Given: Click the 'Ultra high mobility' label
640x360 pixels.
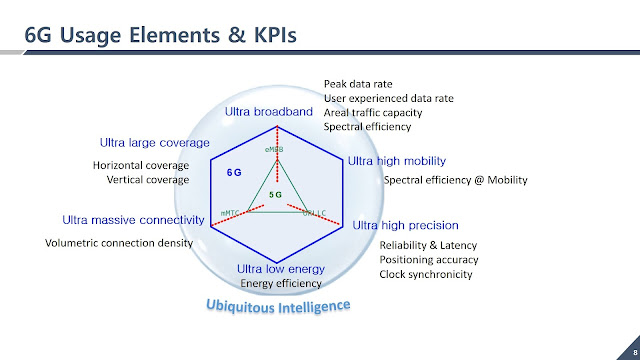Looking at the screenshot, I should click(396, 160).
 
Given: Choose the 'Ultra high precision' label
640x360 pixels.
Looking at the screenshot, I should click(406, 225).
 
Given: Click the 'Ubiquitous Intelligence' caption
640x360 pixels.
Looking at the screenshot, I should click(277, 303).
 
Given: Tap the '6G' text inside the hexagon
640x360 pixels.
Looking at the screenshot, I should click(234, 172).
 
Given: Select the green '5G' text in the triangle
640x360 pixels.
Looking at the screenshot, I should click(277, 192).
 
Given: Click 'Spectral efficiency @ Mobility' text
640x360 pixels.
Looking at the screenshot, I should click(455, 180).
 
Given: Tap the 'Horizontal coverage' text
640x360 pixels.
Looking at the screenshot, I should click(141, 165).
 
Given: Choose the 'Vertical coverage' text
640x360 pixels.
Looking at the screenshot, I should click(147, 180).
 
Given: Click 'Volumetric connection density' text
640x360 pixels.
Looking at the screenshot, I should click(119, 242).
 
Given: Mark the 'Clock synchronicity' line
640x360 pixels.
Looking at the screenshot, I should click(426, 274).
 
